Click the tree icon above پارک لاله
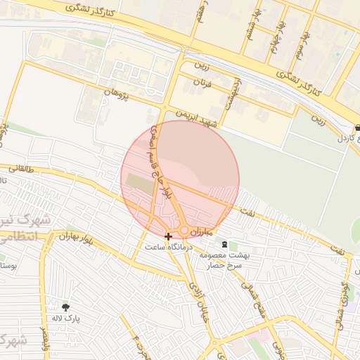(67, 307)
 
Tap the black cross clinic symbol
(167, 236)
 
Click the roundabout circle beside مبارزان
(184, 231)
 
